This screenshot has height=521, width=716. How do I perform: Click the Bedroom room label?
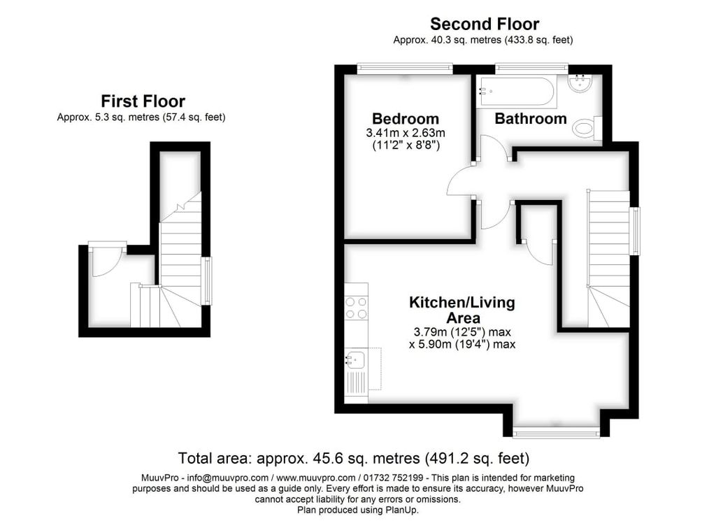[406, 119]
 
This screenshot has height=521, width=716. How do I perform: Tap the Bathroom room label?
[530, 119]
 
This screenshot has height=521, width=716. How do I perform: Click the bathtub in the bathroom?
[516, 92]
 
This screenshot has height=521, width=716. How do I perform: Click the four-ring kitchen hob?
[357, 308]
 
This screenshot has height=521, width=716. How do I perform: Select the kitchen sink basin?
[355, 360]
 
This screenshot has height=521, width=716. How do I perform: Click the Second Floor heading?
[484, 24]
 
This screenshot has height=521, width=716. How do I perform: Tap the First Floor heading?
[143, 101]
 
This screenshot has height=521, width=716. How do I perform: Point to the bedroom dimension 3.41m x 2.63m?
[406, 133]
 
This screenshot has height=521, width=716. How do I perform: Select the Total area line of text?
[354, 459]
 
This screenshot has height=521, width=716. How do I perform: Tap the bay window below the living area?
[556, 433]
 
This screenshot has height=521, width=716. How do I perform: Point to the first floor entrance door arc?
[105, 263]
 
